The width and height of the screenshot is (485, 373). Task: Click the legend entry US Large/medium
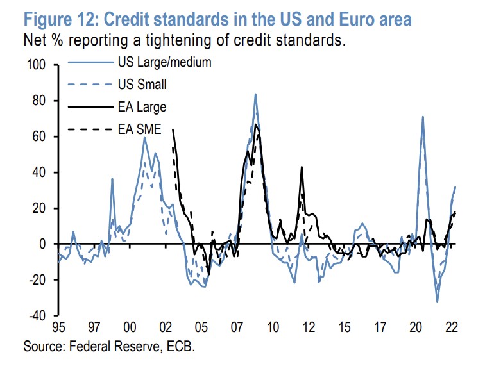pos(164,63)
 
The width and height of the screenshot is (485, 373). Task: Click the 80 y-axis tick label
pos(41,101)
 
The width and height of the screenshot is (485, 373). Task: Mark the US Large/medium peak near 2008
pos(255,94)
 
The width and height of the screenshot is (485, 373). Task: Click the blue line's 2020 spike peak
pos(423,117)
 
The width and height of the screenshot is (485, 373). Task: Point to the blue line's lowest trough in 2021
pos(437,301)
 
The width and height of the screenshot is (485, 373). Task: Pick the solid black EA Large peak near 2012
pos(302,167)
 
